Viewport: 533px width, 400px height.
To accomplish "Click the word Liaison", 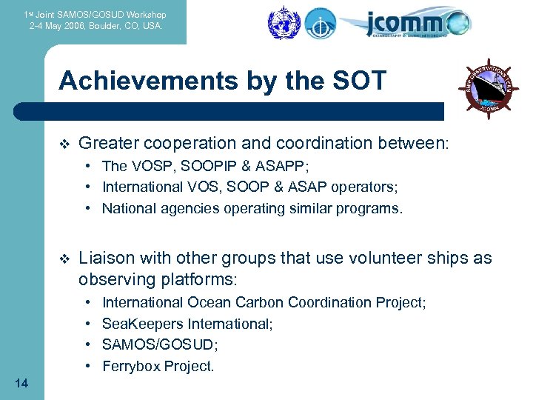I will pyautogui.click(x=107, y=258).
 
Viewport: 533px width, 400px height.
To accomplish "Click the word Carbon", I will pyautogui.click(x=260, y=302).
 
